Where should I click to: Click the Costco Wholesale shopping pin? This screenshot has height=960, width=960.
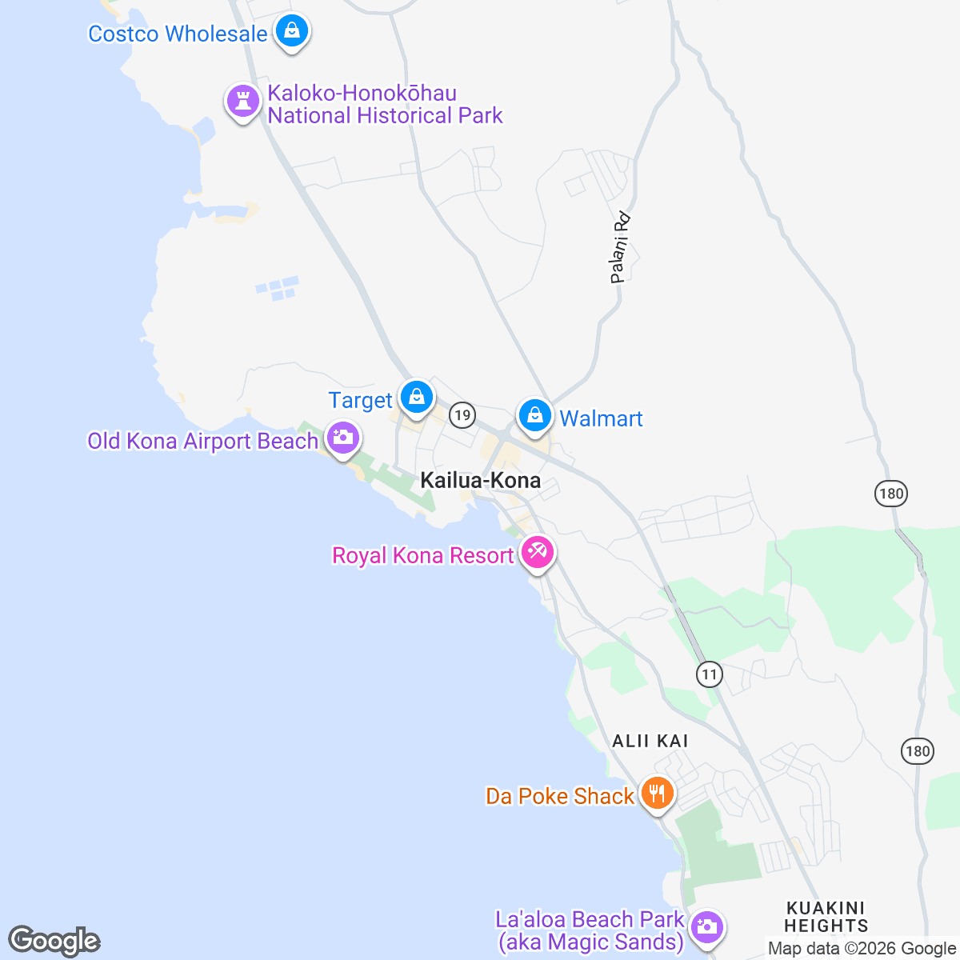click(x=292, y=32)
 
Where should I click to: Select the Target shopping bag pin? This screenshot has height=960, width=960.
click(x=416, y=397)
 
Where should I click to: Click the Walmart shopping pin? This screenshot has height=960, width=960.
click(x=534, y=415)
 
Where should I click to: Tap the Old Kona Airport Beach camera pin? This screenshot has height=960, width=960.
click(x=342, y=438)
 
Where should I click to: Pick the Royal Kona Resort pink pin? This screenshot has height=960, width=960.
click(x=537, y=552)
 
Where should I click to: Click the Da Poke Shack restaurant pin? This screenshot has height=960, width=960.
click(x=657, y=793)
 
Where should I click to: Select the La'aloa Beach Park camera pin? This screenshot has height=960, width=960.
click(x=706, y=928)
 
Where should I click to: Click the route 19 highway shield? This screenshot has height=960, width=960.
click(x=462, y=414)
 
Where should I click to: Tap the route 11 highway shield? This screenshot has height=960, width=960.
click(x=709, y=674)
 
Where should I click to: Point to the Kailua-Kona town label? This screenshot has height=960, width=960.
click(x=480, y=480)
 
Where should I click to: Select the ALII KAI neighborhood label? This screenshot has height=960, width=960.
click(x=650, y=741)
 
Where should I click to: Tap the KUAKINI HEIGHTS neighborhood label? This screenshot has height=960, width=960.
click(x=826, y=917)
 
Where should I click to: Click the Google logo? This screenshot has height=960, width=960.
click(x=54, y=942)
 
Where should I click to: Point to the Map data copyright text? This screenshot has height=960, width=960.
click(x=862, y=949)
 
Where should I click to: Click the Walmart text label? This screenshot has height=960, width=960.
click(x=601, y=418)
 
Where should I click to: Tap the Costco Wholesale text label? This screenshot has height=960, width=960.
click(x=178, y=34)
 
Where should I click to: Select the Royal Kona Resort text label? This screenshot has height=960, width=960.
click(x=422, y=555)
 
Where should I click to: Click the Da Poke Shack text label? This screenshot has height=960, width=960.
click(x=560, y=796)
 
